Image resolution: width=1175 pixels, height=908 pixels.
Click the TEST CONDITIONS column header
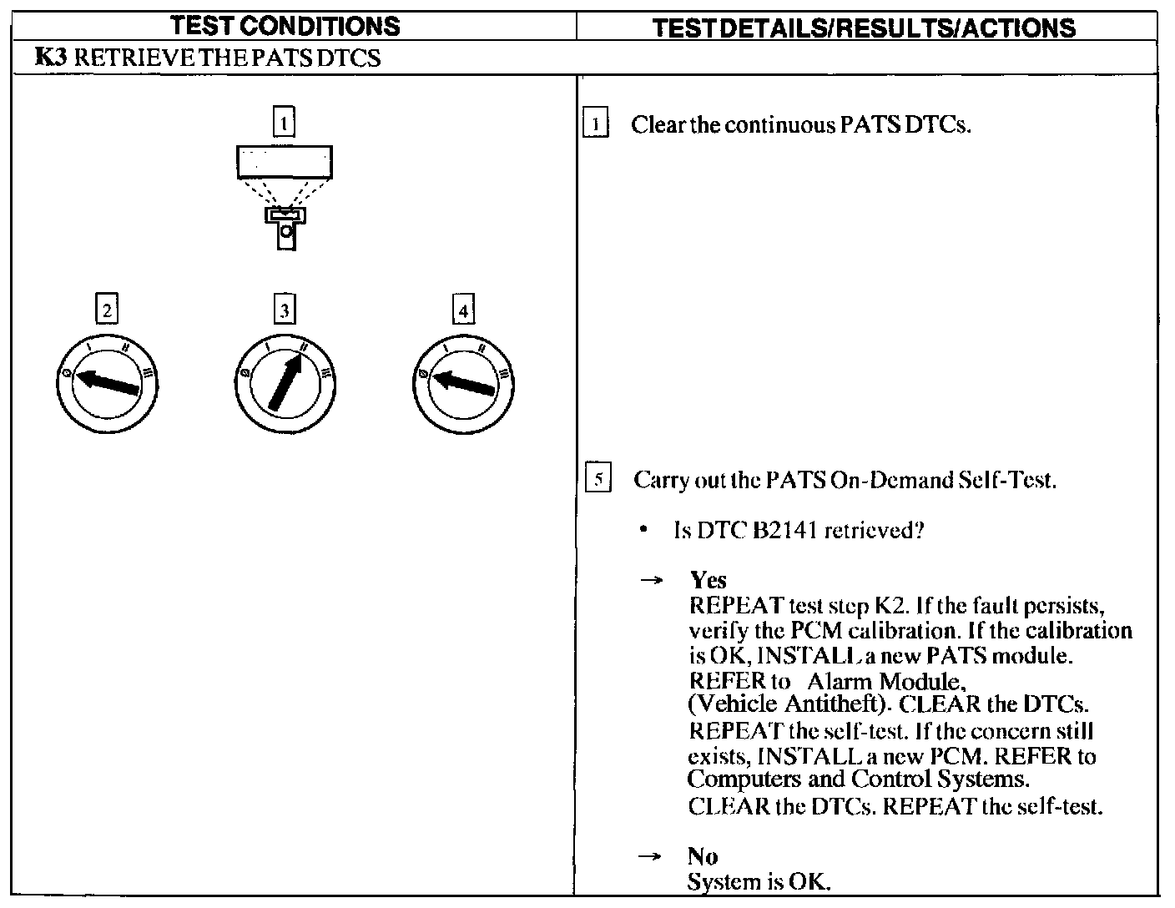[x=285, y=27]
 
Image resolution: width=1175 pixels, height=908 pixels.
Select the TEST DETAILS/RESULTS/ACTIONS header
[x=863, y=28]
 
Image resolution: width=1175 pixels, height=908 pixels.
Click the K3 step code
[x=51, y=58]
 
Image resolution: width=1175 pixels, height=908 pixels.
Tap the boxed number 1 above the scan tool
[x=285, y=124]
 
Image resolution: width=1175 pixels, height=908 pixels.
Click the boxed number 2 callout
[x=106, y=310]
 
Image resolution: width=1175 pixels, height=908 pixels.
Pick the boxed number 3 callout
[x=285, y=310]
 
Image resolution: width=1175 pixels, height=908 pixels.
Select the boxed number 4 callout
[x=463, y=310]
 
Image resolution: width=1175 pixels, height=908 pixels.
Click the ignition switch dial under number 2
[x=107, y=385]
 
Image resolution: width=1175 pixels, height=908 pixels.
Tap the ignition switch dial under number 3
[x=285, y=385]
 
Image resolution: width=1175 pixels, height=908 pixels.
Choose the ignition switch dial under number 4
[x=463, y=385]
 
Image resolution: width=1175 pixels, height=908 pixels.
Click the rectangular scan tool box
[x=285, y=162]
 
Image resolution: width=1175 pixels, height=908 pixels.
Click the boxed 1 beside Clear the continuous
[x=595, y=125]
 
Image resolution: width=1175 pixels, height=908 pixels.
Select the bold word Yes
[x=708, y=581]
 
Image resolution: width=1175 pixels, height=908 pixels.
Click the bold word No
[x=703, y=856]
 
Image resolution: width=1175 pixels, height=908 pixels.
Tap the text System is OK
[x=759, y=882]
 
